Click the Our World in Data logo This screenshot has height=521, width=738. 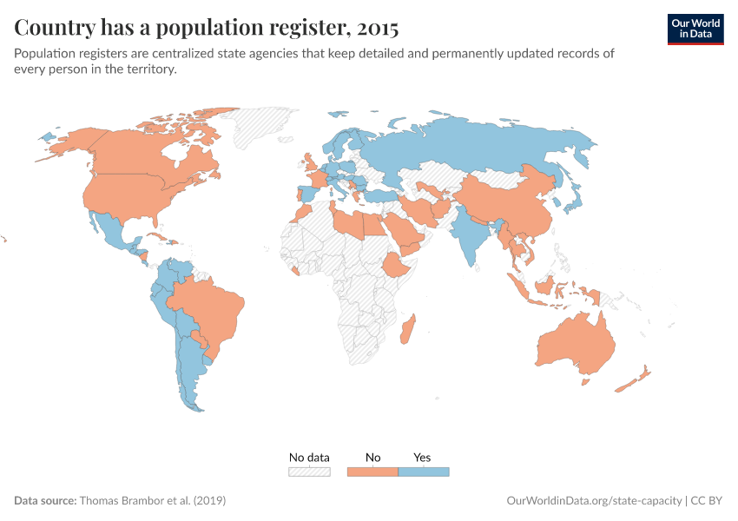695,28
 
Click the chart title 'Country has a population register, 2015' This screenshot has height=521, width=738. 207,28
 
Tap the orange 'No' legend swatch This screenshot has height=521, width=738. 372,472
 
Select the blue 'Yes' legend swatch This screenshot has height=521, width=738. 423,472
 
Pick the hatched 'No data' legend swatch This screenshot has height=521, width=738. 310,472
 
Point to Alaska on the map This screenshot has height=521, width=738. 65,143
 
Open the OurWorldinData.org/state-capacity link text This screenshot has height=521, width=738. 594,501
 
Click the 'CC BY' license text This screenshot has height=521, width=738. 708,501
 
